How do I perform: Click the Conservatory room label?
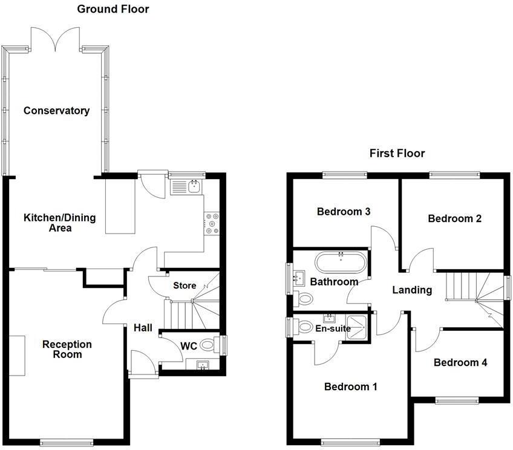56,111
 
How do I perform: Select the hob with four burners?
212,223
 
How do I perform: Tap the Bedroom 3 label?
344,212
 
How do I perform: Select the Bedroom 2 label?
454,218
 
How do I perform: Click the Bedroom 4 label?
460,362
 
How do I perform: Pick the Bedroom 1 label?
350,386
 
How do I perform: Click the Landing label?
412,290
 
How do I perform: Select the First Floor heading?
397,153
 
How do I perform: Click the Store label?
185,285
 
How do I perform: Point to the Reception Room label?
67,350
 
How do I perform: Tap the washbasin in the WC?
201,364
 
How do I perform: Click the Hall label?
143,327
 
